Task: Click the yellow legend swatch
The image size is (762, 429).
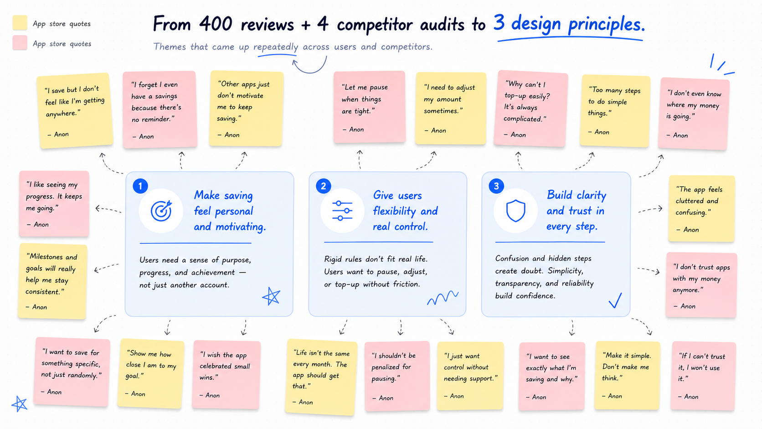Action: (x=20, y=22)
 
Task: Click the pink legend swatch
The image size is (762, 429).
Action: (x=20, y=43)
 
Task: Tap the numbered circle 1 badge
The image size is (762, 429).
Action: (x=140, y=186)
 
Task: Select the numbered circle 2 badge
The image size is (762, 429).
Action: (x=323, y=186)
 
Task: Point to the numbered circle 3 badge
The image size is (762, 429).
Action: (x=496, y=186)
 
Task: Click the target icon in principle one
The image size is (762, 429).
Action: (x=161, y=211)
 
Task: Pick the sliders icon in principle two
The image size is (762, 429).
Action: (x=342, y=211)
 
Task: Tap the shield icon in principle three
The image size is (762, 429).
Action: (x=516, y=211)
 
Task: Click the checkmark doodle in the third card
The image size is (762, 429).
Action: (x=615, y=300)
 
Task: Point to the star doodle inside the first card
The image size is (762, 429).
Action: (x=271, y=296)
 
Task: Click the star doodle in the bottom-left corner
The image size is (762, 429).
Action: (x=20, y=404)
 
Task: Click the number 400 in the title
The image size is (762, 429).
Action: (x=216, y=24)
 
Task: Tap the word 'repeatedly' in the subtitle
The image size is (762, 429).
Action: (x=276, y=47)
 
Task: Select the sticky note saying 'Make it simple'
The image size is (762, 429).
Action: (x=627, y=376)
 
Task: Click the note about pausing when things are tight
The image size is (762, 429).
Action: (x=370, y=107)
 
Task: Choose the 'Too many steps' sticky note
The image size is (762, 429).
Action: (x=615, y=111)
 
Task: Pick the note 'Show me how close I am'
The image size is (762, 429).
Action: (x=151, y=373)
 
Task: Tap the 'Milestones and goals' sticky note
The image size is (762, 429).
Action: (x=52, y=281)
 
